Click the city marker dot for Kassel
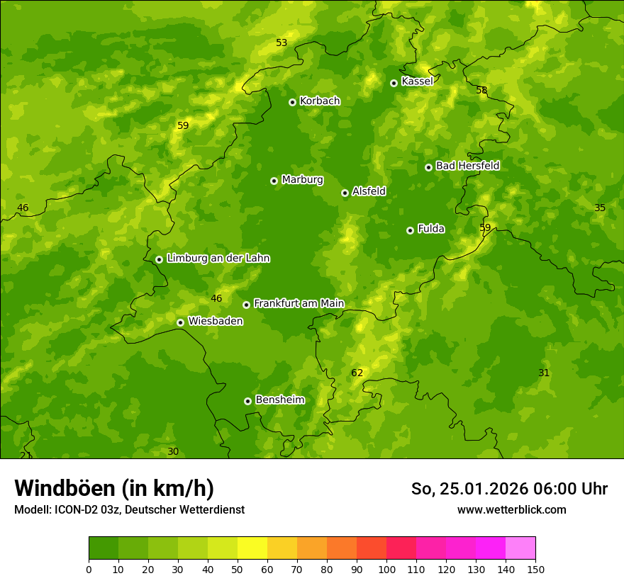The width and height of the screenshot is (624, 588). click(394, 83)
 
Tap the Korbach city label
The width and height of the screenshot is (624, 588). click(320, 101)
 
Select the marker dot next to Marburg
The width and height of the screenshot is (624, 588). click(274, 181)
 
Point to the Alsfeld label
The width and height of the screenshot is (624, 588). click(369, 191)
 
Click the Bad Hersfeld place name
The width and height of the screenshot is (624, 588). click(467, 166)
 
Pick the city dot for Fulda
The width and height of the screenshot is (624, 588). click(410, 230)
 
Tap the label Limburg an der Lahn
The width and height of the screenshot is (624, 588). click(218, 259)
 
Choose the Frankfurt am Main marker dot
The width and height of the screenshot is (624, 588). click(246, 305)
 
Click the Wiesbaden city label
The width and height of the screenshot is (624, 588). click(215, 322)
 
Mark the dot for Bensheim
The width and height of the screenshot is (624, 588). click(247, 401)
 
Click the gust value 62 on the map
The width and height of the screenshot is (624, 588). click(357, 373)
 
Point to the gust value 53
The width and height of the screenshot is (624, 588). click(282, 43)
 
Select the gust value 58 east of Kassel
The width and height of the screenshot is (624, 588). click(481, 91)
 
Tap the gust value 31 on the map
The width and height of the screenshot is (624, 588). click(544, 373)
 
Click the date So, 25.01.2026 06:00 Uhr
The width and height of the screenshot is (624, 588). click(509, 489)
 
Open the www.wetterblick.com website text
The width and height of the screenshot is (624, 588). click(511, 510)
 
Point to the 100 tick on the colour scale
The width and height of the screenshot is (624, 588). click(386, 569)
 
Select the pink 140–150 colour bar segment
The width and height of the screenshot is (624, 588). click(520, 548)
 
